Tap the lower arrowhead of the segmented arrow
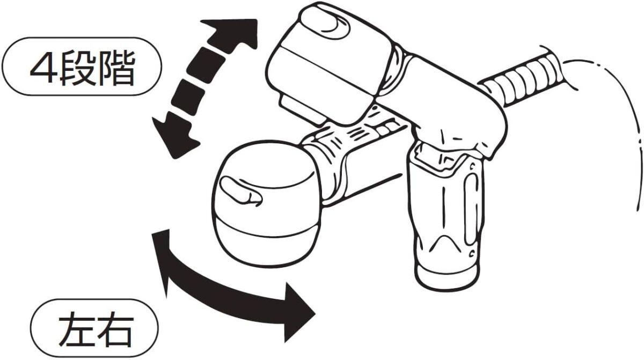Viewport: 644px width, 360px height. (x=174, y=135)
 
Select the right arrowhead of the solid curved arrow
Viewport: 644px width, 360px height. (x=299, y=313)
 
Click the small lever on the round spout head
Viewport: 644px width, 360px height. (x=240, y=191)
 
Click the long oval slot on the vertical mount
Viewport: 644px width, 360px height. (x=472, y=209)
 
